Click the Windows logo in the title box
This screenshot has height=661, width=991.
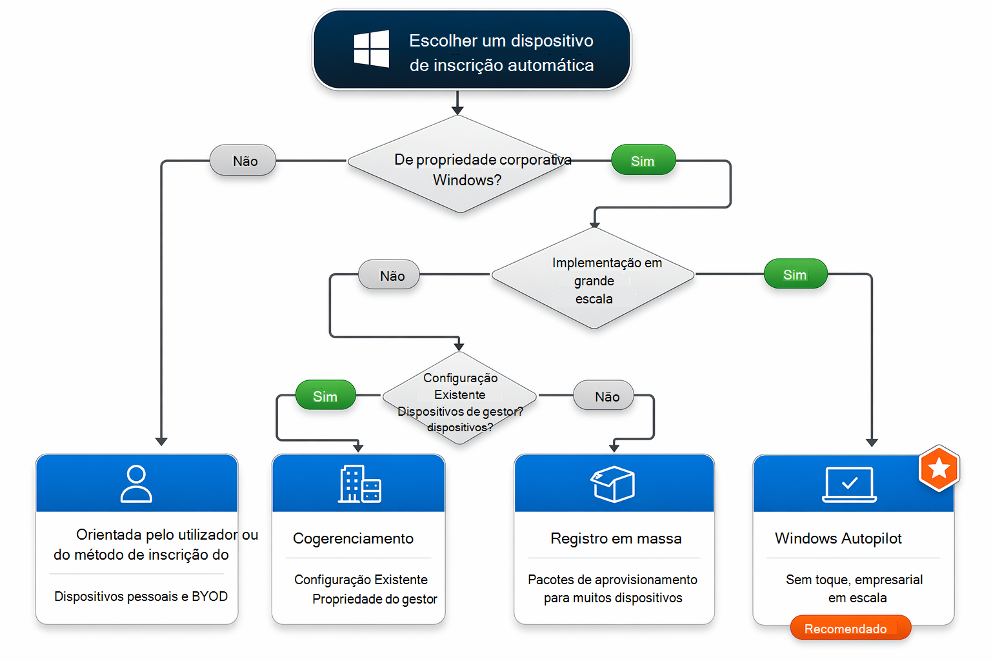[x=372, y=48]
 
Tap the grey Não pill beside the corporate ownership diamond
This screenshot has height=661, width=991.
[x=243, y=160]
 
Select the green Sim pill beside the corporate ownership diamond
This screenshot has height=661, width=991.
[x=643, y=160]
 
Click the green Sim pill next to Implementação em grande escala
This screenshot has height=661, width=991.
[x=796, y=274]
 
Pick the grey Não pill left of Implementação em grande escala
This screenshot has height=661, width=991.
[x=389, y=275]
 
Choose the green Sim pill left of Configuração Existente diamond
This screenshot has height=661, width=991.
[x=326, y=395]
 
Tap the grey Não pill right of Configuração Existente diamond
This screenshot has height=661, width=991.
[x=603, y=395]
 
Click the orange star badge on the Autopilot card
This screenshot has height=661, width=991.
[x=939, y=469]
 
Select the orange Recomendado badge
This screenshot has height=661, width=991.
[x=850, y=628]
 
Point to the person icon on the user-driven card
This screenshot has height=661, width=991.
[x=136, y=483]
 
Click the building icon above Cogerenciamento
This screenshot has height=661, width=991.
[x=359, y=484]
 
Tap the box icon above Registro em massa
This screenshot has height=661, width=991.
[x=613, y=484]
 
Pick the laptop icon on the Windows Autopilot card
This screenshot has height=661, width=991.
[x=850, y=484]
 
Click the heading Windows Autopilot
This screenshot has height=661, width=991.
[x=838, y=538]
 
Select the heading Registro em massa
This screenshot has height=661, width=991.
[x=616, y=538]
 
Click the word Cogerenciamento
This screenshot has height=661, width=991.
[x=353, y=539]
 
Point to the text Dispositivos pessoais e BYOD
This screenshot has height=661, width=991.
[x=141, y=596]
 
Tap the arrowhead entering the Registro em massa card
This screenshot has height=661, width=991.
[x=614, y=447]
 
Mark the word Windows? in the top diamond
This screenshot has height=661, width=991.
[x=466, y=180]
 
